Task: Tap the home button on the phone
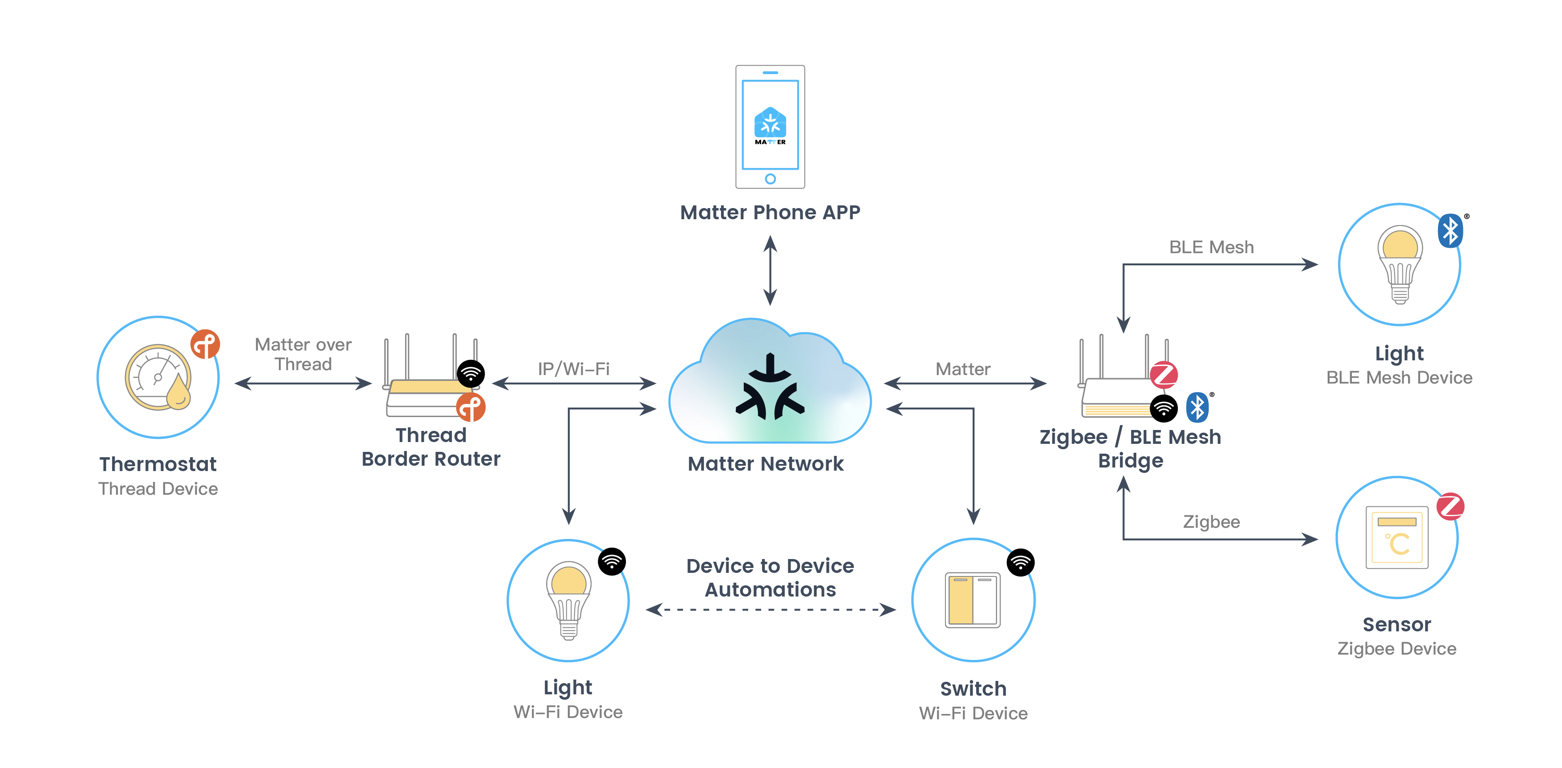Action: click(x=770, y=179)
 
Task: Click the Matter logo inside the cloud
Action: click(x=770, y=388)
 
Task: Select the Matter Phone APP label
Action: click(x=770, y=213)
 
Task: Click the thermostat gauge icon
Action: click(x=157, y=377)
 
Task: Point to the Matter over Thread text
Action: click(x=303, y=354)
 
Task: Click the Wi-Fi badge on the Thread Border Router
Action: click(x=471, y=374)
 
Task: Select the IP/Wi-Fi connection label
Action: click(x=574, y=369)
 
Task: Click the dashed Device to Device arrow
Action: click(x=770, y=609)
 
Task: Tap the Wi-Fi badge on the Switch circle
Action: click(x=1020, y=562)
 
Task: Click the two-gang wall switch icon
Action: click(x=973, y=599)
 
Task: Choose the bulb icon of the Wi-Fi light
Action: click(x=568, y=599)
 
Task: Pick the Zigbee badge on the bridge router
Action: click(x=1164, y=374)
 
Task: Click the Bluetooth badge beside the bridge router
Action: click(x=1197, y=407)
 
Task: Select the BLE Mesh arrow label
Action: click(x=1211, y=247)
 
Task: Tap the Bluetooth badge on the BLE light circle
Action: click(x=1450, y=230)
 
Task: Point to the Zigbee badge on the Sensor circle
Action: click(x=1450, y=506)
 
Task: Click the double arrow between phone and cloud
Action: click(x=770, y=271)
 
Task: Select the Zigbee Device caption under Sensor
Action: click(x=1396, y=648)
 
